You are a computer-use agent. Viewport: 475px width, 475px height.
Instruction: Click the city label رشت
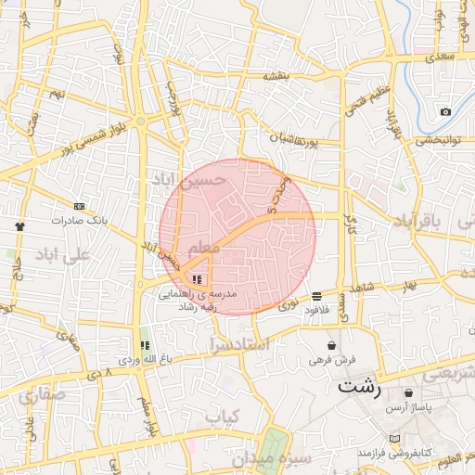[360, 387]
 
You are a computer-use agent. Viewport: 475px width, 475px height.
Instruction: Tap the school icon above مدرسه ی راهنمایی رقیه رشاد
[196, 278]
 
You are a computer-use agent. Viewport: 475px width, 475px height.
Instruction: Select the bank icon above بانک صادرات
[79, 206]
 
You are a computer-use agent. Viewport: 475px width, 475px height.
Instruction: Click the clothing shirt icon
[20, 225]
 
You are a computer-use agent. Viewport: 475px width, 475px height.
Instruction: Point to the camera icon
[445, 112]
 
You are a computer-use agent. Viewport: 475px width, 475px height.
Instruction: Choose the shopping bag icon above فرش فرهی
[331, 346]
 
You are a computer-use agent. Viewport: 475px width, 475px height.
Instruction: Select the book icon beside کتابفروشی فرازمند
[395, 438]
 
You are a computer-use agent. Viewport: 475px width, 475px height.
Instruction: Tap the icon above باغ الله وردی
[143, 345]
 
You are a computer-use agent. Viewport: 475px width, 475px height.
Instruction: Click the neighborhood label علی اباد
[62, 253]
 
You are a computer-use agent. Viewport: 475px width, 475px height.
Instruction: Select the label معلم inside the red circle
[204, 249]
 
